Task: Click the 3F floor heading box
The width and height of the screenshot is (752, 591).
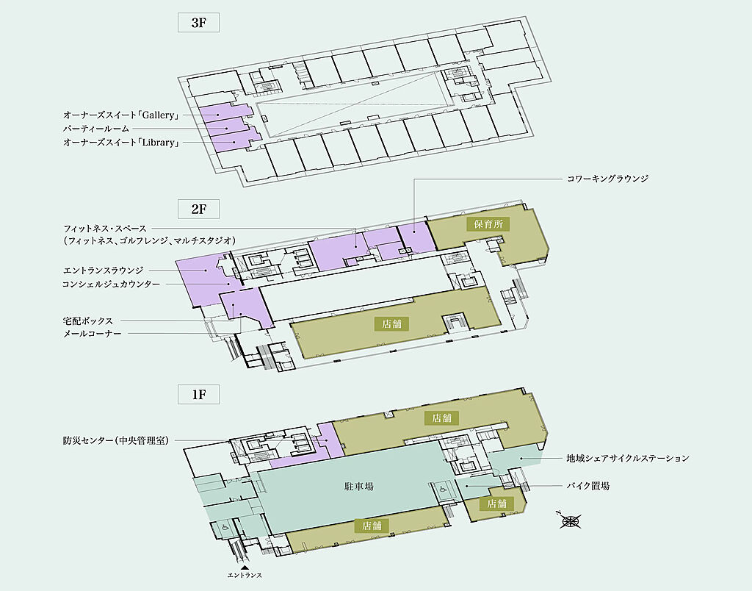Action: pos(199,22)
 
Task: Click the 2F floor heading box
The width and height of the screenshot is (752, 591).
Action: pos(199,209)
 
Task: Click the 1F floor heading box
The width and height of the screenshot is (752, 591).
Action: pos(199,394)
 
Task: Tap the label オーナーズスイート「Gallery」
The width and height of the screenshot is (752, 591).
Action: pos(122,115)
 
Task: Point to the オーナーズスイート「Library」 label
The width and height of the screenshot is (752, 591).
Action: pos(122,143)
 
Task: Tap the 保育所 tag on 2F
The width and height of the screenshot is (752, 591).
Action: pos(487,223)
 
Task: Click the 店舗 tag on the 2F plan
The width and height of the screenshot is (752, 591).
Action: pos(391,323)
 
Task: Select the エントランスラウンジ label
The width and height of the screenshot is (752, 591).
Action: pos(103,271)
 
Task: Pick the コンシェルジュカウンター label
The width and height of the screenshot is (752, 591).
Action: pos(111,284)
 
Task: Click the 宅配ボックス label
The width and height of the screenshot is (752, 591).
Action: pos(87,321)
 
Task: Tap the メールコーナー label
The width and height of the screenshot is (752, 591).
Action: pos(92,334)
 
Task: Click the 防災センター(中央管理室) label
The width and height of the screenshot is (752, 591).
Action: pos(116,441)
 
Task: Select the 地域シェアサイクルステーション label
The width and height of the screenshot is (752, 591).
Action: pos(627,459)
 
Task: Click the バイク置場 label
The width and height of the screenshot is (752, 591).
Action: pos(587,486)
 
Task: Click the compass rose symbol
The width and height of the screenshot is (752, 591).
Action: pos(569,522)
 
